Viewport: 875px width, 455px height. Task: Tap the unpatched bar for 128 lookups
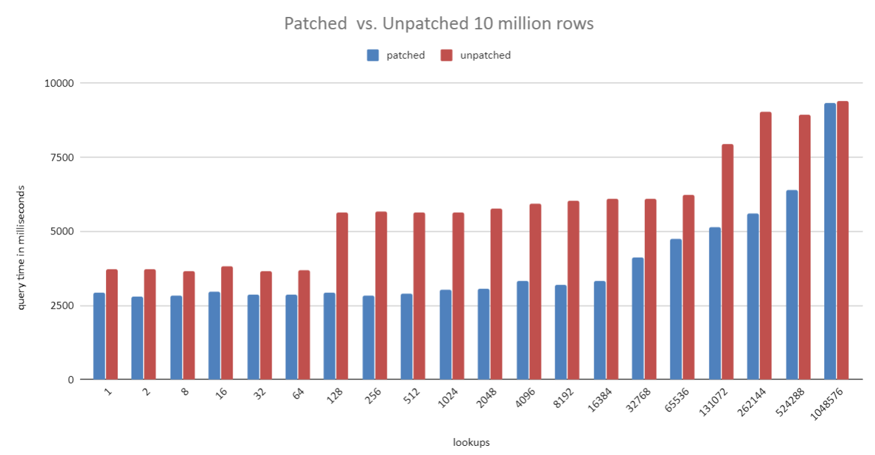342,296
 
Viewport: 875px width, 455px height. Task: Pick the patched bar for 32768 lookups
638,318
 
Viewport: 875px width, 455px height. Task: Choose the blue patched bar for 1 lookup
99,336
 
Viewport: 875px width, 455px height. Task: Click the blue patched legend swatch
372,55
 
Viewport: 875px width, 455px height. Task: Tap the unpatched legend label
485,55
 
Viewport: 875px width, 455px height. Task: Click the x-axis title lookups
471,443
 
